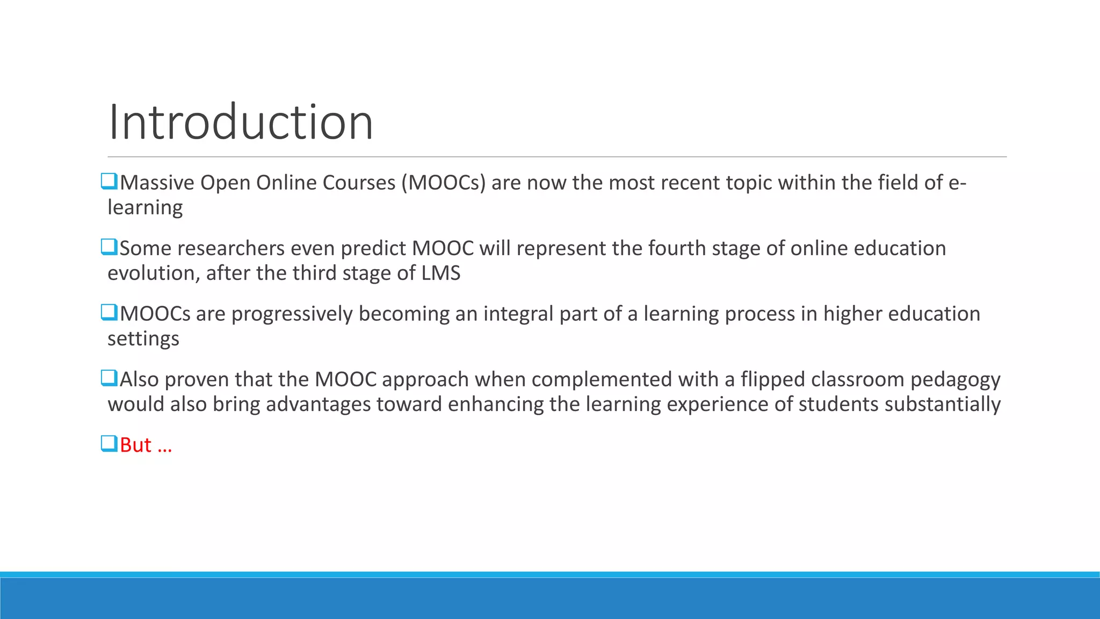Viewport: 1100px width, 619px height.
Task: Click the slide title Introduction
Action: [x=240, y=123]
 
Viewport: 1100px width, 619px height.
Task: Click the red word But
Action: [x=135, y=445]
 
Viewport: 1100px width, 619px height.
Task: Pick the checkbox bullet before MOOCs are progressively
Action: [x=109, y=312]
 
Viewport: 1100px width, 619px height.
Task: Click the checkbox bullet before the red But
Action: [x=109, y=444]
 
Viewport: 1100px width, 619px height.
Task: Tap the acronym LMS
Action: [x=440, y=273]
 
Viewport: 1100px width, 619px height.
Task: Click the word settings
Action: [x=143, y=339]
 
